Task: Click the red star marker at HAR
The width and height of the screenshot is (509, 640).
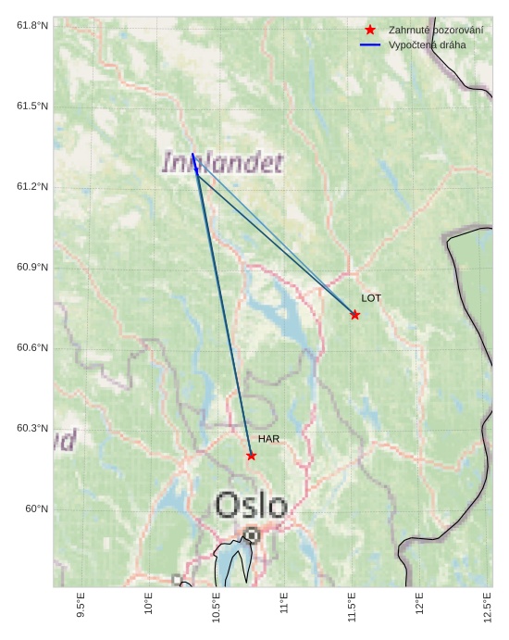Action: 251,456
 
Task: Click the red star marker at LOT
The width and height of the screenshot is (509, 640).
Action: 354,315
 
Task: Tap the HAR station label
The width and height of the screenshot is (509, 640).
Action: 268,439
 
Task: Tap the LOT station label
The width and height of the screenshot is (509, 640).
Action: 371,298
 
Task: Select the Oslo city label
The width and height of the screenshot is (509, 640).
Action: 251,506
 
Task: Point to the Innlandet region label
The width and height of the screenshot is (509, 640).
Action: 222,164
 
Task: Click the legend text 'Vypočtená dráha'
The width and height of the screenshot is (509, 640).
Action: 428,44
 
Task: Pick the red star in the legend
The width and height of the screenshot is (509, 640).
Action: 370,30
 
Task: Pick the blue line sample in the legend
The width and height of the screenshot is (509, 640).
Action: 370,44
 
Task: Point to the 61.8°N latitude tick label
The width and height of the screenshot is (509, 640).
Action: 32,25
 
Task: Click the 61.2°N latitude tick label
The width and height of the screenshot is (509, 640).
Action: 32,187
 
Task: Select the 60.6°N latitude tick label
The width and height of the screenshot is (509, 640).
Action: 32,348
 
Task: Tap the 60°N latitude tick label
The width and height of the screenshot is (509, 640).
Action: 36,509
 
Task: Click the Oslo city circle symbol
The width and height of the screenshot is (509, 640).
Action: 252,534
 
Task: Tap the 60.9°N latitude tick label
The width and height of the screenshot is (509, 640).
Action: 32,268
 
